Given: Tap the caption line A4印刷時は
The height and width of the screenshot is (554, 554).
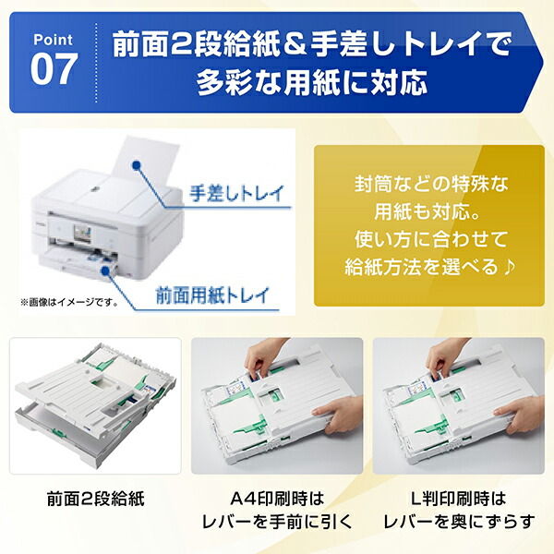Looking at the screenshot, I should click(x=276, y=499).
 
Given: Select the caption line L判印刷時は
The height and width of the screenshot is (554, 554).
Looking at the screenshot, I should click(x=459, y=499).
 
